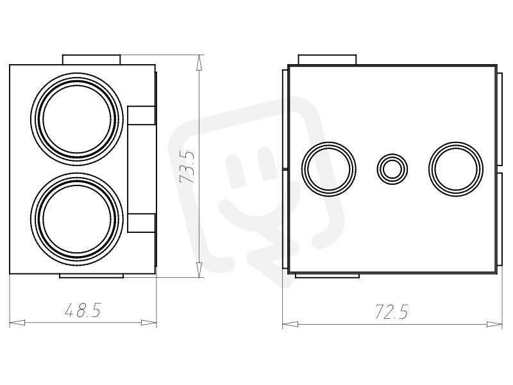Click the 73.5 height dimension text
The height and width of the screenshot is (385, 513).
coord(187,167)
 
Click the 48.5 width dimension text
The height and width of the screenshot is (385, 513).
coord(83,310)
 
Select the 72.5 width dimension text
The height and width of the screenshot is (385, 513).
coord(392,311)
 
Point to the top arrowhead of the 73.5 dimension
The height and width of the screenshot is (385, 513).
coord(199,62)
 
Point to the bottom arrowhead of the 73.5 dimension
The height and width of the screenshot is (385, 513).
coord(199,269)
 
